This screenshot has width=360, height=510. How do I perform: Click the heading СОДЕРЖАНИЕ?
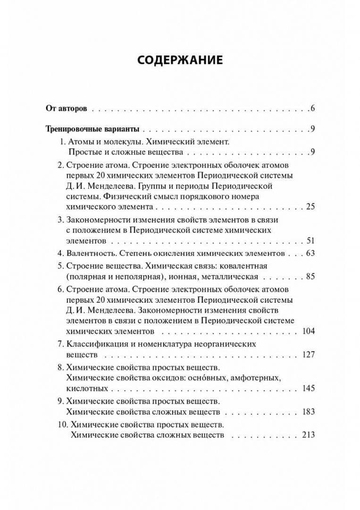pyautogui.click(x=180, y=60)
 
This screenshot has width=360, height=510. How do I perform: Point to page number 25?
pyautogui.click(x=310, y=206)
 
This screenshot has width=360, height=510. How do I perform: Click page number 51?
pyautogui.click(x=310, y=240)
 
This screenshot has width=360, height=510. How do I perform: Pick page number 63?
pyautogui.click(x=310, y=253)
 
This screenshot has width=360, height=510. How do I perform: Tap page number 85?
pyautogui.click(x=310, y=276)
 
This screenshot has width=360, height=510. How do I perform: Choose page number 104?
pyautogui.click(x=308, y=331)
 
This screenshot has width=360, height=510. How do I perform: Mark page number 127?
pyautogui.click(x=308, y=354)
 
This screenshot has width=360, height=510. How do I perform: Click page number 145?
pyautogui.click(x=308, y=388)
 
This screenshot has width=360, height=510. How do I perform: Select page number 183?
pyautogui.click(x=308, y=412)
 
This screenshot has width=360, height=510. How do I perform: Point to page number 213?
pyautogui.click(x=308, y=435)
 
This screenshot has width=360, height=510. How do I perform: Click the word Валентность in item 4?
pyautogui.click(x=90, y=253)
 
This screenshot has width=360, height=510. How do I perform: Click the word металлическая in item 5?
pyautogui.click(x=231, y=276)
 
